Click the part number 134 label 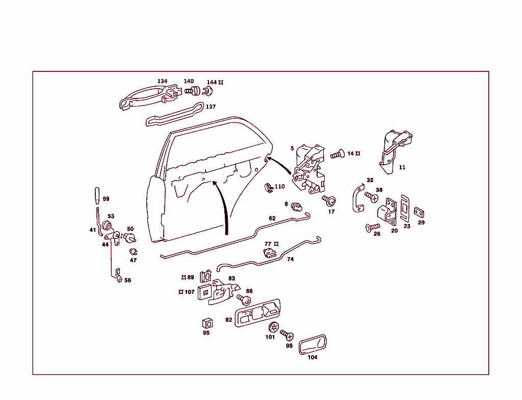pos(162,81)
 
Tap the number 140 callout pos(189,81)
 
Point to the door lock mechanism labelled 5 pos(309,168)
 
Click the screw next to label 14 pos(337,154)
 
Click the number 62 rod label pos(272,218)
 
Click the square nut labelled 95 pos(207,323)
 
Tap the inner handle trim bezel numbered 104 pos(312,345)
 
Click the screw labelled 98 pos(287,335)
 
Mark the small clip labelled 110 pos(268,187)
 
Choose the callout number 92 pos(228,320)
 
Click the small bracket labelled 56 pos(118,276)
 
